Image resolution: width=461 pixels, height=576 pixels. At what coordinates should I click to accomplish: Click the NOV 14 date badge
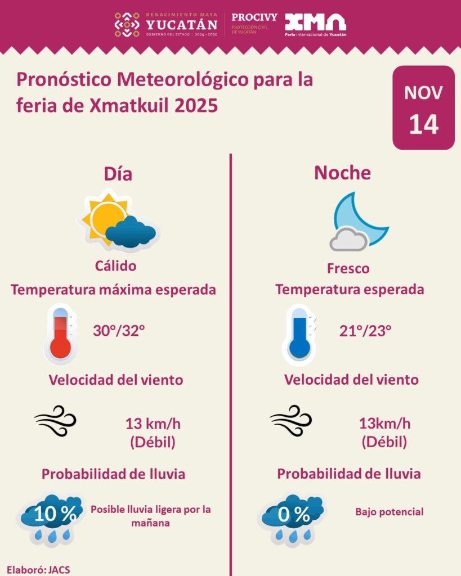click(423, 107)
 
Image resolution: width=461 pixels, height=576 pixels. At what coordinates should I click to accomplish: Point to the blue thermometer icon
click(299, 334)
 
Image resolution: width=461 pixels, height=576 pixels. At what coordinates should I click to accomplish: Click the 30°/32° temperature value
click(119, 331)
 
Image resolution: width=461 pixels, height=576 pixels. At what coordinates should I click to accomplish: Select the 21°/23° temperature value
click(365, 331)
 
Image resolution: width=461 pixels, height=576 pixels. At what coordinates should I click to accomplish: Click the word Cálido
click(115, 265)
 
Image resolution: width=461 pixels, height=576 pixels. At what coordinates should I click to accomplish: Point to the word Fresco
click(348, 268)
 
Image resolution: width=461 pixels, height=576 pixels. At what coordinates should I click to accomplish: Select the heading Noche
click(342, 173)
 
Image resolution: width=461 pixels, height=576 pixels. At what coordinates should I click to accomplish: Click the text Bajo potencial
click(389, 512)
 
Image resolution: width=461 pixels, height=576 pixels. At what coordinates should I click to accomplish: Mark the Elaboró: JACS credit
click(38, 569)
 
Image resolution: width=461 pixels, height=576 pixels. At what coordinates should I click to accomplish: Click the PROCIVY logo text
click(254, 17)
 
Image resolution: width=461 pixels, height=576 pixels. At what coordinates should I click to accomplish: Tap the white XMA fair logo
click(315, 22)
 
